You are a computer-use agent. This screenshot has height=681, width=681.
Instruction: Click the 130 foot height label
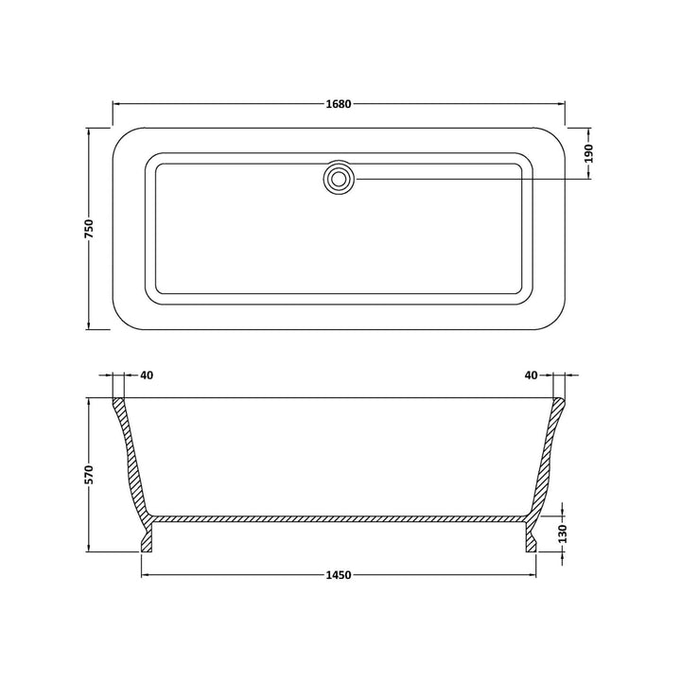[565, 533]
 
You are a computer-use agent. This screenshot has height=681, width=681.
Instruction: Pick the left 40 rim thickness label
[146, 375]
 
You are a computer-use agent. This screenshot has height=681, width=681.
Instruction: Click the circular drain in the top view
[339, 177]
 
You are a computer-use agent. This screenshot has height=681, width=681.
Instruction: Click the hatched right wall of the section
[546, 454]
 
